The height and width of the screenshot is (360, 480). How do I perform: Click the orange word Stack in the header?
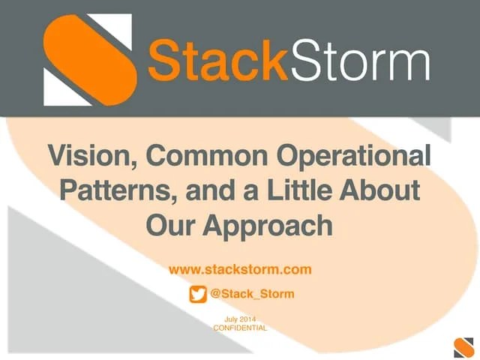(218, 61)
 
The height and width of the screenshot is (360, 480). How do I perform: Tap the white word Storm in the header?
(360, 61)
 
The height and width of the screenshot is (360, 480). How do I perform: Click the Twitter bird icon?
(198, 294)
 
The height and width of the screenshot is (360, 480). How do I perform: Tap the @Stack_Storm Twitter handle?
(252, 294)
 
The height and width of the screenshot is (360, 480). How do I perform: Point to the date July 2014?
(240, 320)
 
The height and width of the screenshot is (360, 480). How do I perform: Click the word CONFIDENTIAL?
(240, 328)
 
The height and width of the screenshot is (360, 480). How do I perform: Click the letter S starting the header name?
(164, 61)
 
